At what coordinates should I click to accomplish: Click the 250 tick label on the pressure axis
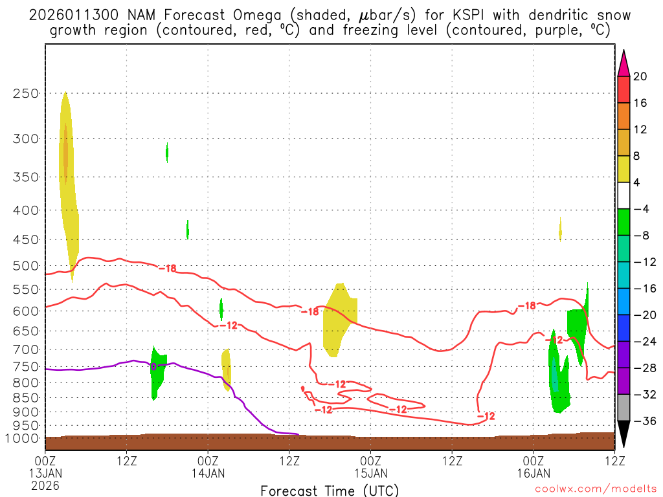click(27, 93)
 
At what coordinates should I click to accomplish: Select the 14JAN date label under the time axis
click(208, 473)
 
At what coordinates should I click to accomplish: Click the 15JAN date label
click(371, 473)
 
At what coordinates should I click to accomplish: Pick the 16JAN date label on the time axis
click(534, 473)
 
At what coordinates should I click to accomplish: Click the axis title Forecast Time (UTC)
click(330, 490)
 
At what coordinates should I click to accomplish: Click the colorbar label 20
click(640, 76)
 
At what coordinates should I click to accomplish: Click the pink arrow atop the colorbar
click(624, 63)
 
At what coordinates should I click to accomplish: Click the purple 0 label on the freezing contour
click(153, 366)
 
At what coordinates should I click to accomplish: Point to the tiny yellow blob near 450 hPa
click(560, 229)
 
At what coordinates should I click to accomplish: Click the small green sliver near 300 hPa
click(167, 152)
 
